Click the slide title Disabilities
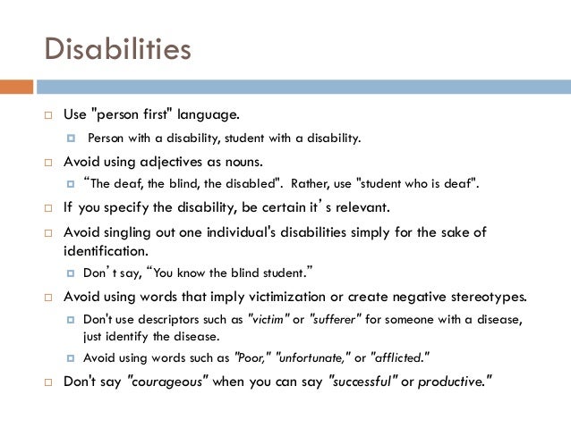(117, 48)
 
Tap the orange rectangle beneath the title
(16, 87)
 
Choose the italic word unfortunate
(315, 357)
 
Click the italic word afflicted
(400, 357)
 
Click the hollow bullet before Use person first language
(50, 117)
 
